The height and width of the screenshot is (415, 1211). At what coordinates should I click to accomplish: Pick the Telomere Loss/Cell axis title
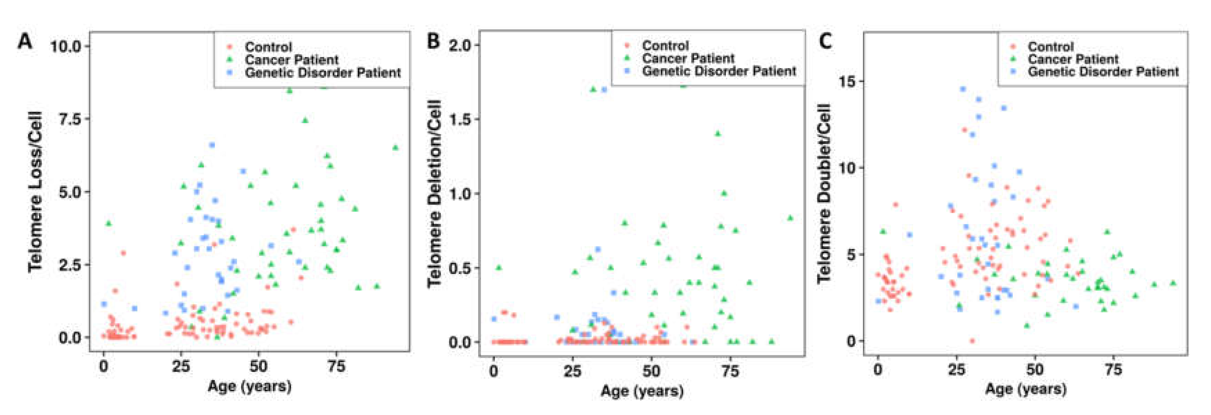[36, 192]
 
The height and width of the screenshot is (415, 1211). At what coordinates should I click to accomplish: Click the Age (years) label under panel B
[642, 391]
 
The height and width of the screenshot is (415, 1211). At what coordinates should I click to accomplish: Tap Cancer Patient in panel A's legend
[291, 60]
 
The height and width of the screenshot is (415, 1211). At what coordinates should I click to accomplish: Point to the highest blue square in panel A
[212, 145]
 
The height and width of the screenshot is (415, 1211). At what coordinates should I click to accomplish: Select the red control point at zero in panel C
[972, 341]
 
